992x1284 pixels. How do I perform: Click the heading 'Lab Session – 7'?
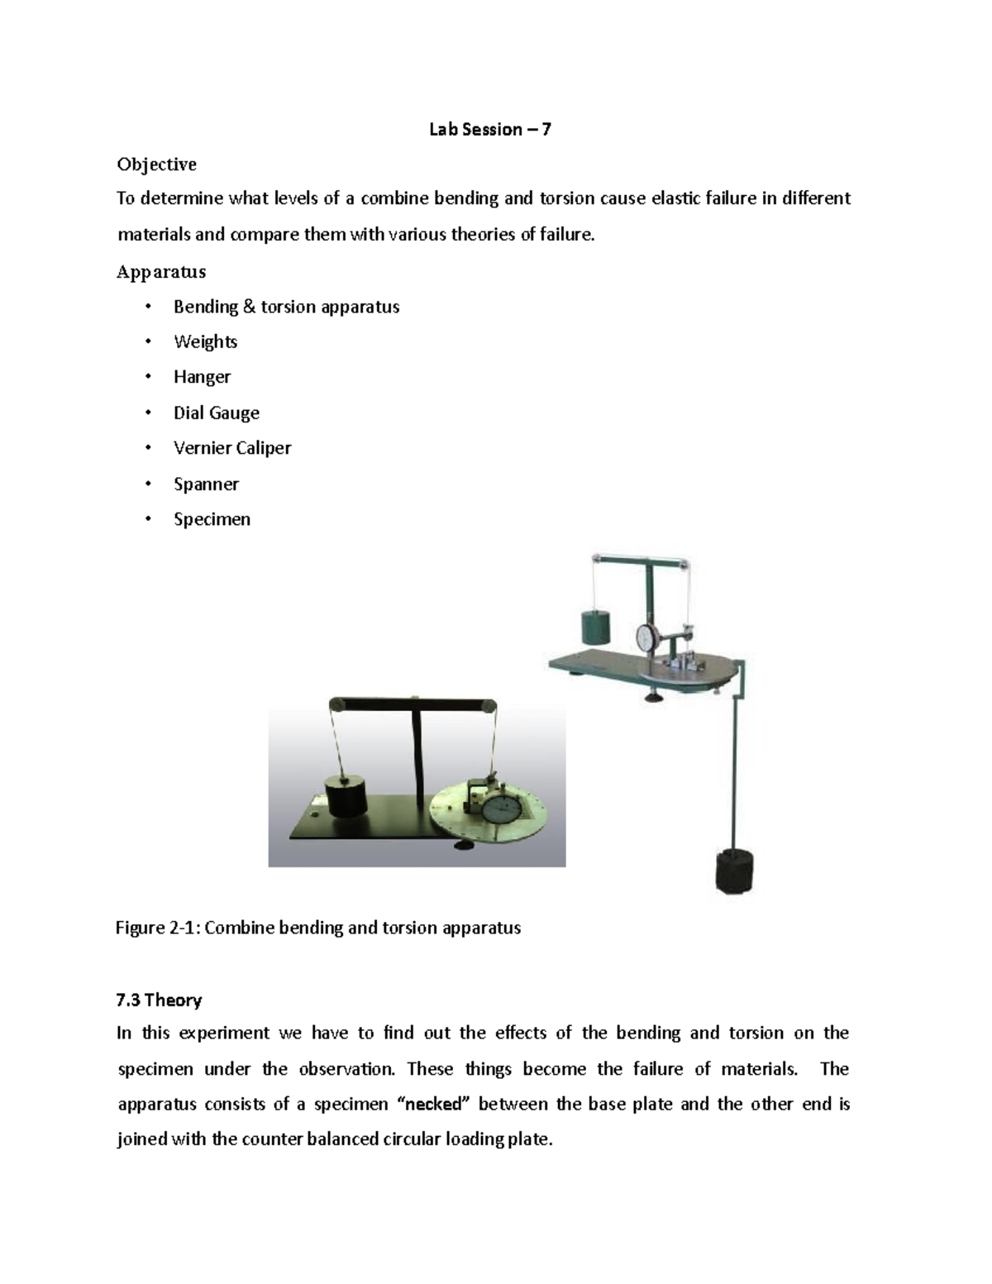coord(489,129)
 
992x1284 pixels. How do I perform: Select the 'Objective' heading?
coord(156,165)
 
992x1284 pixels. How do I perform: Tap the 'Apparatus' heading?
coord(161,272)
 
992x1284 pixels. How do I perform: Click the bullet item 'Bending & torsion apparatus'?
coord(286,307)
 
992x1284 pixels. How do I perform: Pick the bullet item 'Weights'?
coord(205,341)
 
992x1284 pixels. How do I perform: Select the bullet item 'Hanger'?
coord(202,377)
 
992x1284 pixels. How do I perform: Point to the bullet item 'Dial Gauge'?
coord(216,413)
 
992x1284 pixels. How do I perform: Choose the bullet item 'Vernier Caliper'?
coord(232,448)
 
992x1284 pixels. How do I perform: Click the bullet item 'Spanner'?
coord(206,484)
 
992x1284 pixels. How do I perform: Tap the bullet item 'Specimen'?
coord(212,519)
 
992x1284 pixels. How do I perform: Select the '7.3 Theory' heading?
coord(159,1000)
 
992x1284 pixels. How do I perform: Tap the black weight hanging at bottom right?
coord(734,871)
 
